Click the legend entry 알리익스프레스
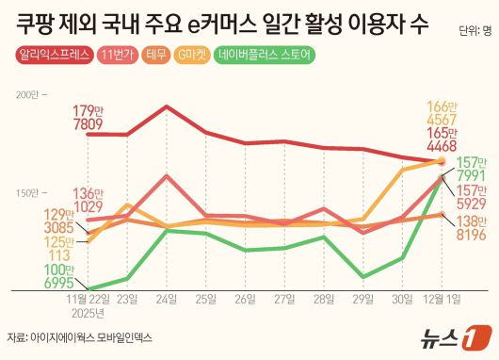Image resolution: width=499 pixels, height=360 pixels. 52,57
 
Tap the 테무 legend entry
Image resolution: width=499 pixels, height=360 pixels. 156,57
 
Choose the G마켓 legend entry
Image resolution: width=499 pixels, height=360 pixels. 195,57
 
